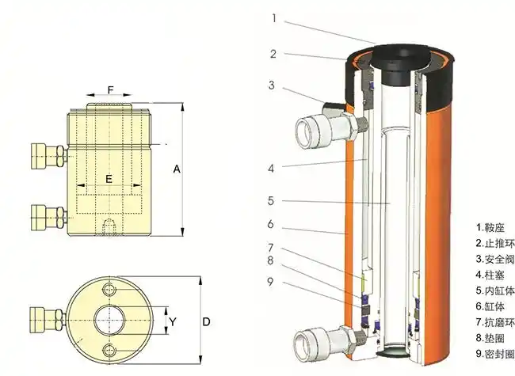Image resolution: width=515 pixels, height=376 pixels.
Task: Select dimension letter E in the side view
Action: click(x=109, y=179)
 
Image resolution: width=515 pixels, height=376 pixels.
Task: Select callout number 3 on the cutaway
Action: click(x=272, y=85)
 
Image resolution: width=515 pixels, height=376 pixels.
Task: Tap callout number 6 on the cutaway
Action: click(x=271, y=224)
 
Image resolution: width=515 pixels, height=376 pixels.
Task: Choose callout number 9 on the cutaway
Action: click(x=272, y=280)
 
